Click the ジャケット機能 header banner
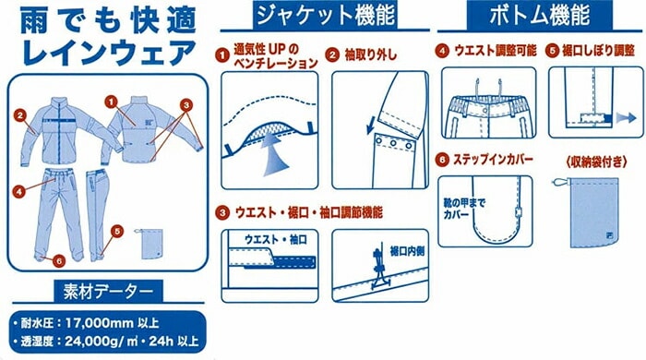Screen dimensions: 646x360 tap(325, 16)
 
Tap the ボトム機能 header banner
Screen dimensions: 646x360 tap(540, 16)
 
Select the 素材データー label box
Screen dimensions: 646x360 tap(108, 291)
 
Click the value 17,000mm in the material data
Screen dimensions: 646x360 tap(100, 322)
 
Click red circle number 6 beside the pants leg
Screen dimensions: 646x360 tap(59, 260)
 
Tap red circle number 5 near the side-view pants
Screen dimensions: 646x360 tap(117, 232)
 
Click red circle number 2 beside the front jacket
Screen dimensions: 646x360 tap(19, 115)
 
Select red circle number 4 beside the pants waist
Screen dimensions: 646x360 tap(18, 191)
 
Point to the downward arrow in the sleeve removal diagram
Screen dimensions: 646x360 tap(370, 125)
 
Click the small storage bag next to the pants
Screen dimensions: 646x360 tap(150, 244)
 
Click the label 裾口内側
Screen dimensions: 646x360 tap(407, 251)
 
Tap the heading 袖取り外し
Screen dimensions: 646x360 tap(370, 54)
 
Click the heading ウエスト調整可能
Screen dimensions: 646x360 tap(496, 51)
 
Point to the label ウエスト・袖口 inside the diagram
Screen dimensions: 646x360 tap(276, 240)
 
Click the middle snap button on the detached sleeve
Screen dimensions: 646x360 tap(394, 143)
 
